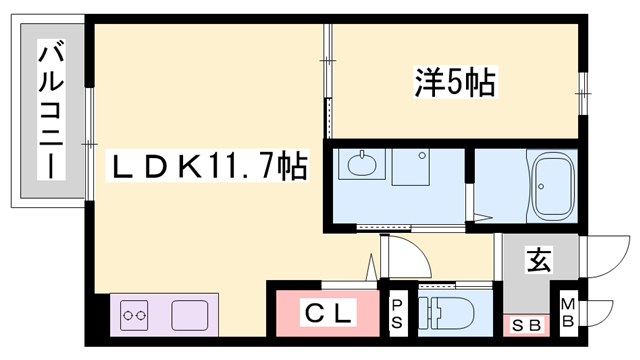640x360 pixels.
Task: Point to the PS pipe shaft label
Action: (x=397, y=313)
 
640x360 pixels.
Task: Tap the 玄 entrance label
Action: (x=538, y=263)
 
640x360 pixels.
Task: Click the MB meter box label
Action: (x=567, y=313)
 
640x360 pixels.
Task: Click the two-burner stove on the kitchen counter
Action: (x=134, y=317)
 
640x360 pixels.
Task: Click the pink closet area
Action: (x=328, y=314)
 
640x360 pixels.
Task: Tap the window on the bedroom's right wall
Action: (x=581, y=96)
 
